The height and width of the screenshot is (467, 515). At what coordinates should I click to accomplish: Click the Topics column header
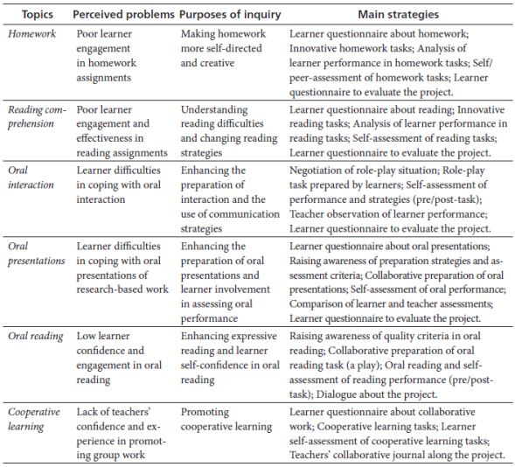31,15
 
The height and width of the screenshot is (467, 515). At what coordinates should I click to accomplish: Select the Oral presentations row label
36,254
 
